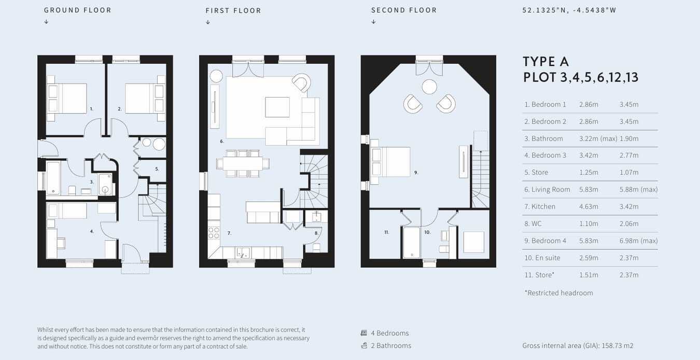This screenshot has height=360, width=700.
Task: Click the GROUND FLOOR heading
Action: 77,10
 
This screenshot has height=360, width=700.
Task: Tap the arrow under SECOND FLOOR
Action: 373,22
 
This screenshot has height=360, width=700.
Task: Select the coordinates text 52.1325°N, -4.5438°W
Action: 569,10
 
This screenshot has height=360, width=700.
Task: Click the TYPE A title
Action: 545,62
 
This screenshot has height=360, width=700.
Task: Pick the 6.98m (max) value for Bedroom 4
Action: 638,241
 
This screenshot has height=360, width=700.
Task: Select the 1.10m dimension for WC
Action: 589,224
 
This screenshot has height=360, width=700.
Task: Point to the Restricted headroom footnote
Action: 558,293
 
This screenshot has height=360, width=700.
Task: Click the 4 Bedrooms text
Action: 390,333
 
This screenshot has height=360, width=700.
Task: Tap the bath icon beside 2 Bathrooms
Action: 364,345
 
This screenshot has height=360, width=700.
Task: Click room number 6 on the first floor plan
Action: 221,141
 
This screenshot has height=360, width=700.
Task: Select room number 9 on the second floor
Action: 416,173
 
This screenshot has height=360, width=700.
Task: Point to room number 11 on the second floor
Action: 387,232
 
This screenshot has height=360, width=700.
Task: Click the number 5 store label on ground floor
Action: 157,169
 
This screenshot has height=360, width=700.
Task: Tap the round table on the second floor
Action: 429,87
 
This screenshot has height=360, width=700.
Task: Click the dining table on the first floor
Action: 243,163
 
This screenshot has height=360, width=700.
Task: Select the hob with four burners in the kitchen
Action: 214,233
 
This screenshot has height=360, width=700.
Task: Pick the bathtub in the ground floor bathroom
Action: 53,177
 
